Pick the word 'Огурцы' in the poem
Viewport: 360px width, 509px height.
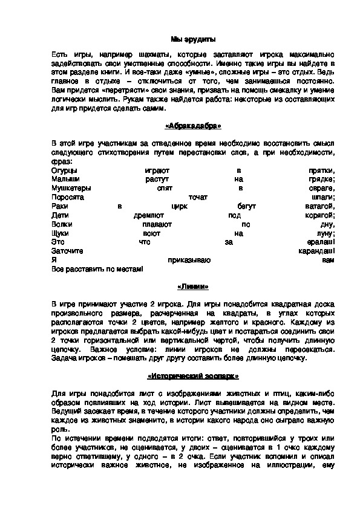point(64,171)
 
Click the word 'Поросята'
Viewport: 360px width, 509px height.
point(68,197)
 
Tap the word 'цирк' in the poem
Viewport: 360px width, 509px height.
point(180,206)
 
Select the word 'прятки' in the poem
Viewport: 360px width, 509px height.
point(321,171)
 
